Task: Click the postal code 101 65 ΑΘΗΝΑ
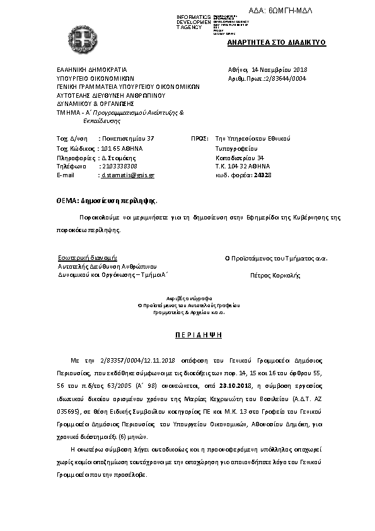tap(122, 147)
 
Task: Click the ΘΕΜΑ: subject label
tap(67, 200)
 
